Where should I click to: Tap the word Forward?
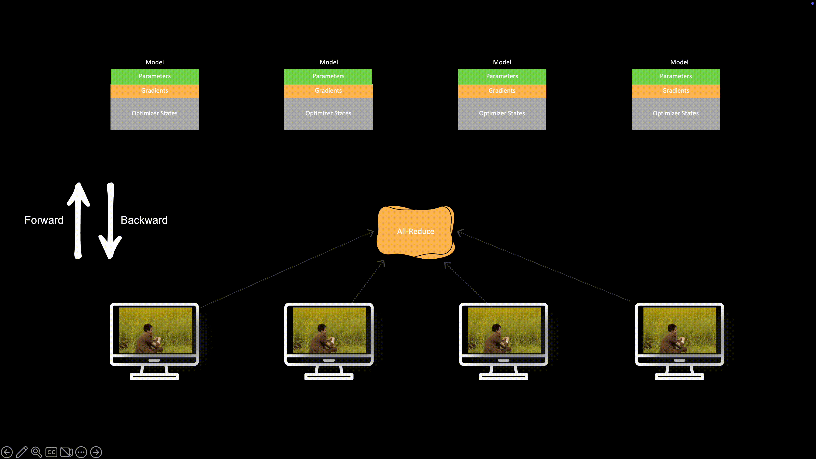(44, 220)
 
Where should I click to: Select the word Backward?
(144, 220)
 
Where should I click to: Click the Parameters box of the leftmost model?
(154, 76)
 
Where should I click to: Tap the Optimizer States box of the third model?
(502, 113)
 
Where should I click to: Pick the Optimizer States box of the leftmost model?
(154, 113)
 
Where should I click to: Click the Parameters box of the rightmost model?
(676, 76)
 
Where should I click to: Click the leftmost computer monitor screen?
(155, 330)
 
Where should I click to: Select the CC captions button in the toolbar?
(51, 452)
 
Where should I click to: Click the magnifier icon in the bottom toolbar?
(36, 452)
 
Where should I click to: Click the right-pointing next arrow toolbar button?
(96, 452)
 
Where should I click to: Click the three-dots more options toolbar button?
(81, 452)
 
